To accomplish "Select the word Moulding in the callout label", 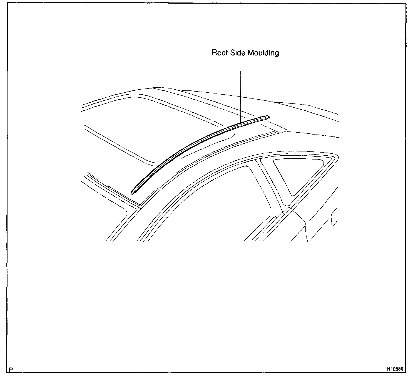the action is (x=263, y=53).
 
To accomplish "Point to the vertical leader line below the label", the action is (x=241, y=92).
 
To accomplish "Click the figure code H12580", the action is (x=395, y=369).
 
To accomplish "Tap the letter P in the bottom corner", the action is (x=11, y=370).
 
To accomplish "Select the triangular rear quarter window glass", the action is (x=295, y=172).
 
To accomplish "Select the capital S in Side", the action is (x=232, y=53).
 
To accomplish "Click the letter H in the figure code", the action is (x=388, y=369).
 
